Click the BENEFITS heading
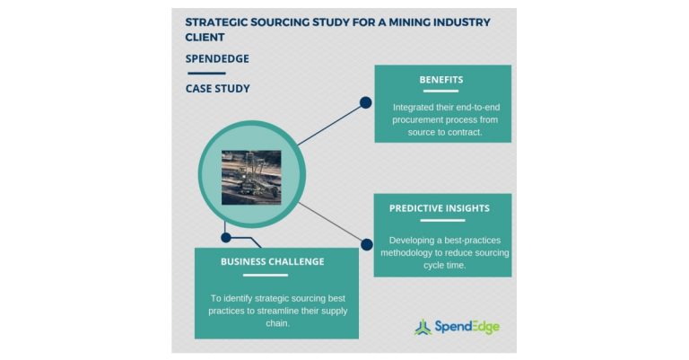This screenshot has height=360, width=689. (441, 80)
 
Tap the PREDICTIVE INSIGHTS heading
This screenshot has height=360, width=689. (440, 208)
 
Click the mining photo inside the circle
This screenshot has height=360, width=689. (251, 177)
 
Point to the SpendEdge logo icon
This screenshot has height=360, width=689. (423, 327)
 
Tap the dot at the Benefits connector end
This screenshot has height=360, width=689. (366, 102)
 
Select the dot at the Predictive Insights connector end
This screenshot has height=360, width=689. (366, 243)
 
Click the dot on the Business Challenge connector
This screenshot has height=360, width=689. (226, 238)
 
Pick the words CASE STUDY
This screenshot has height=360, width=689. (217, 88)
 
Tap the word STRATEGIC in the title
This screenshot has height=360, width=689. (219, 22)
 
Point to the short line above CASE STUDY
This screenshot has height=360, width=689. (205, 73)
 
